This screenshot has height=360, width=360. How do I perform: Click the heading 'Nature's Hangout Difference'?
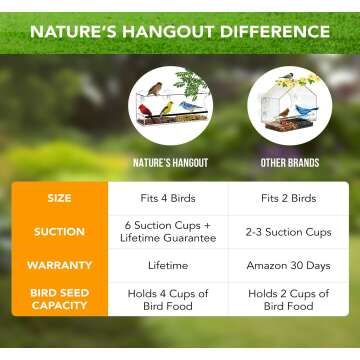(x=180, y=31)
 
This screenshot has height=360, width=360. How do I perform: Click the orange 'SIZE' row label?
(x=59, y=198)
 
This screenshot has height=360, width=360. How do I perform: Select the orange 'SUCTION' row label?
(x=59, y=232)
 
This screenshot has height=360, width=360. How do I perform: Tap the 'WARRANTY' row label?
(x=59, y=266)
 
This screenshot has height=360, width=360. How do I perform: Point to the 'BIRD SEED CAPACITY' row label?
(x=59, y=301)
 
